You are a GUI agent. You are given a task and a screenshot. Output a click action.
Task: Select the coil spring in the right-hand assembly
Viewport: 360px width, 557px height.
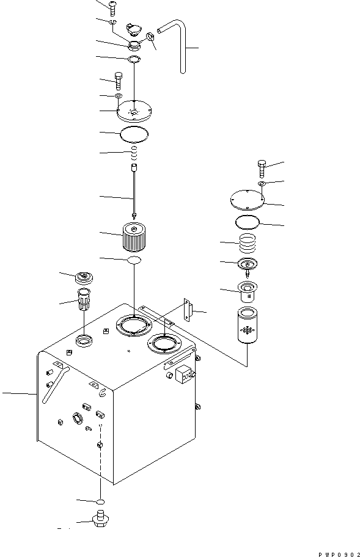(x=249, y=244)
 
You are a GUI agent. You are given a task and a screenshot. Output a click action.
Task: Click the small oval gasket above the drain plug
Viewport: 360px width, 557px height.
(x=101, y=500)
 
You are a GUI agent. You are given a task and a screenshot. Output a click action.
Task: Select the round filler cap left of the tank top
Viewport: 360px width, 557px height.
(x=83, y=278)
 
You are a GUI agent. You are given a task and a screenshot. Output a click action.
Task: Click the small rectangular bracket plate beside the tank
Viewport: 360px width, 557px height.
(x=188, y=311)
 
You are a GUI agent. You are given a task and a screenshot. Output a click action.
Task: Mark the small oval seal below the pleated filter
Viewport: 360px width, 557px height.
(x=134, y=261)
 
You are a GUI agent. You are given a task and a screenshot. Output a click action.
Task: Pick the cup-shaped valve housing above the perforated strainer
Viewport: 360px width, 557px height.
(x=248, y=292)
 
